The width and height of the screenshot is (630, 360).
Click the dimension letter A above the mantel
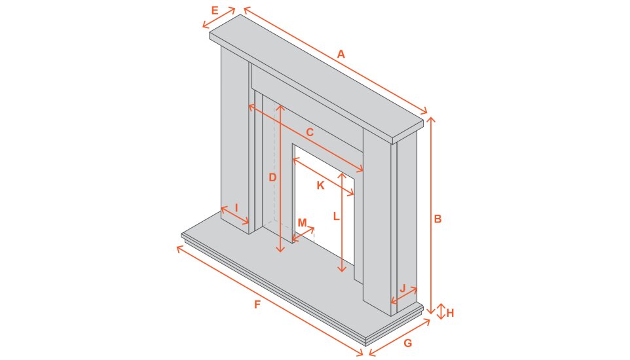341,55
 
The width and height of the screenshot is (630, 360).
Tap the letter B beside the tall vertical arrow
437,219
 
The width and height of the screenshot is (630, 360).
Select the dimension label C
310,132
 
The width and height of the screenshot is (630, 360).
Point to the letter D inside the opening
272,177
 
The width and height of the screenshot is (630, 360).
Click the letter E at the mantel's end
215,10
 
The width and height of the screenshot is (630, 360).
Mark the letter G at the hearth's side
407,344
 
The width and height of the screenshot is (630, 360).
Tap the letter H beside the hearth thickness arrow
450,313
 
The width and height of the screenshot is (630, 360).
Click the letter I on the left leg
236,207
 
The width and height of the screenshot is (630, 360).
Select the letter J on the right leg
403,288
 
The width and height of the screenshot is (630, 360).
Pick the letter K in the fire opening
320,185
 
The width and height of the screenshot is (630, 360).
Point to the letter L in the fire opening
335,216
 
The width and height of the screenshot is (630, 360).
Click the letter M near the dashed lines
302,223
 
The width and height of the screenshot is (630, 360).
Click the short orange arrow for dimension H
441,312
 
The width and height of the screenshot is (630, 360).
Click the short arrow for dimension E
219,18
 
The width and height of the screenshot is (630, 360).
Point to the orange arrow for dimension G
399,338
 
